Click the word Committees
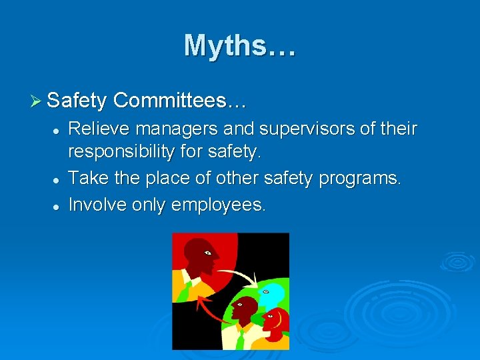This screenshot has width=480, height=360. [179, 101]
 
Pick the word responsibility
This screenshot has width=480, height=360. [121, 153]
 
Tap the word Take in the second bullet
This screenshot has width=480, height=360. [85, 178]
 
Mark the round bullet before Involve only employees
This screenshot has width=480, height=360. [58, 207]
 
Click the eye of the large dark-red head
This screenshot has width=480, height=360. [208, 253]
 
